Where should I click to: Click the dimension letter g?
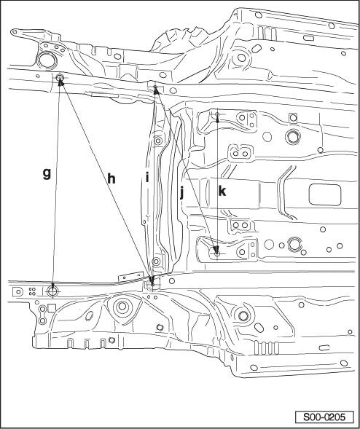(x=47, y=174)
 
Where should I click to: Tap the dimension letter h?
(x=111, y=179)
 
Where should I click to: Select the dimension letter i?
(x=147, y=178)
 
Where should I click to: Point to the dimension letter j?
(x=181, y=193)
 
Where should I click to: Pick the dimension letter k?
(x=222, y=191)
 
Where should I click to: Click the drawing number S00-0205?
(x=324, y=417)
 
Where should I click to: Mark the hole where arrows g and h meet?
(x=60, y=77)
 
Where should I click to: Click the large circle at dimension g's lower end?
(x=52, y=291)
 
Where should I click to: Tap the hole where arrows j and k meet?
(x=217, y=253)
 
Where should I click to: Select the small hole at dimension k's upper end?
(x=217, y=114)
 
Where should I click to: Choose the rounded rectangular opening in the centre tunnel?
(x=325, y=194)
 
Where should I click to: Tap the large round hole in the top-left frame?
(x=47, y=61)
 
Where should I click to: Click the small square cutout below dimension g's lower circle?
(x=52, y=308)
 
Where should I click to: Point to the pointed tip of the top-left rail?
(x=12, y=32)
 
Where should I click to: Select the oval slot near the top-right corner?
(x=308, y=38)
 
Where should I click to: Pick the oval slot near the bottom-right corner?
(x=324, y=347)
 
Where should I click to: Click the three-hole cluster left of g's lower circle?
(x=32, y=291)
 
